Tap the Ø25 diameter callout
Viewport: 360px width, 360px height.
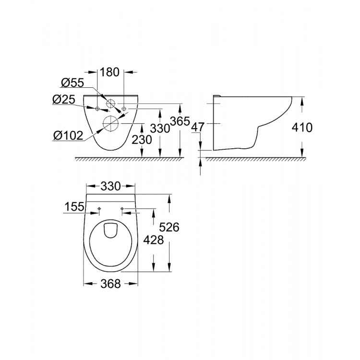(x=63, y=100)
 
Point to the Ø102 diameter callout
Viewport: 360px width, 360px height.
(x=68, y=135)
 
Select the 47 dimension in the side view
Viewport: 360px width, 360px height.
(x=199, y=127)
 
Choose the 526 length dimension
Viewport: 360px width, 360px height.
(x=169, y=228)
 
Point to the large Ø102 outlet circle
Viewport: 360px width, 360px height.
(x=111, y=124)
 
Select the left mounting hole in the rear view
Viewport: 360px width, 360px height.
(x=98, y=109)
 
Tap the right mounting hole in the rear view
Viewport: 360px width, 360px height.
(x=124, y=109)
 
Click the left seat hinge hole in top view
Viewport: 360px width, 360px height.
(x=98, y=209)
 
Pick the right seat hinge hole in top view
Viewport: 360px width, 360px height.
(x=122, y=209)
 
